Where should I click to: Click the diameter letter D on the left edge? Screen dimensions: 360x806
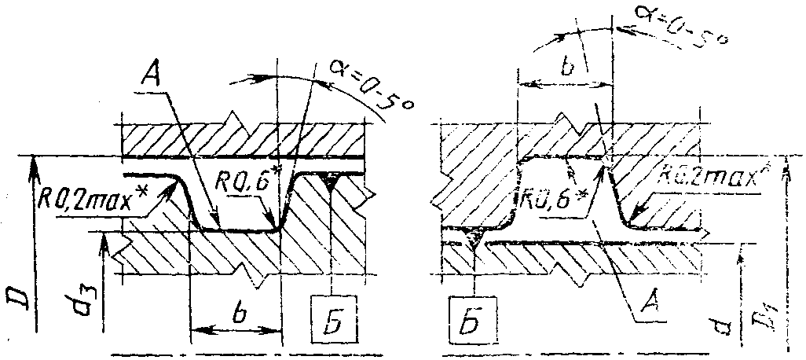17,303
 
